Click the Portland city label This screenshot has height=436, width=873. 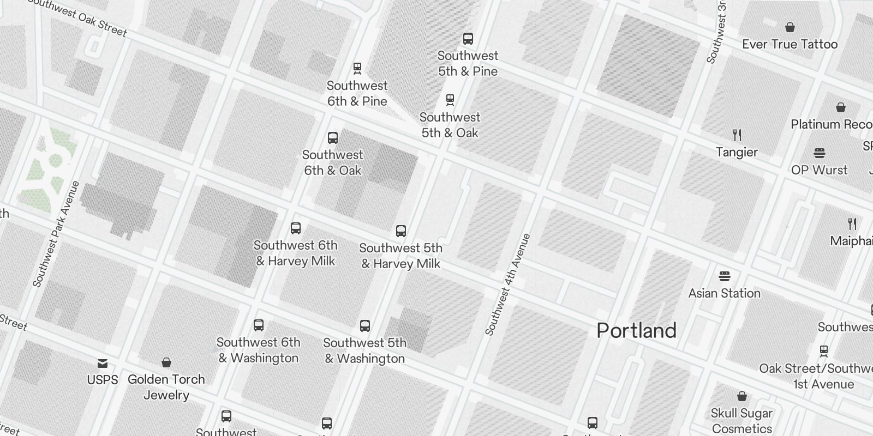(636, 331)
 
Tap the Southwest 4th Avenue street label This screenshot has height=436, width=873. (507, 284)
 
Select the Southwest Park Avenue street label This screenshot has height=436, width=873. (56, 234)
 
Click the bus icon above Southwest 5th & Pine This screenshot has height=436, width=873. (468, 39)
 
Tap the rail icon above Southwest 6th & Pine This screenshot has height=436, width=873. (357, 69)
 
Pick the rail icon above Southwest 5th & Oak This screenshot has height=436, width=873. (450, 100)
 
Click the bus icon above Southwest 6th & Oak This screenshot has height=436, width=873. (332, 138)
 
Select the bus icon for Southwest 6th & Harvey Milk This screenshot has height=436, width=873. (295, 228)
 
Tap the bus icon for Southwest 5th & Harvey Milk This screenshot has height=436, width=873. (400, 231)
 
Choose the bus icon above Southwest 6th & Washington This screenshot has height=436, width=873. (259, 325)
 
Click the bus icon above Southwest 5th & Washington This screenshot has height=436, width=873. (364, 326)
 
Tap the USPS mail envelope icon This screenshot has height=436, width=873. (103, 364)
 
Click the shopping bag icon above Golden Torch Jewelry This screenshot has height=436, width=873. (166, 362)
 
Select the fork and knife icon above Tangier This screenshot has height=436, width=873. (737, 135)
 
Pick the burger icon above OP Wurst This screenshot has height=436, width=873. (819, 153)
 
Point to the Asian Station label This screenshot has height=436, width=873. (724, 293)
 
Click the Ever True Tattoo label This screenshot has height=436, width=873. (790, 44)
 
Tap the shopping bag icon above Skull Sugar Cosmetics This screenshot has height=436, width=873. (742, 396)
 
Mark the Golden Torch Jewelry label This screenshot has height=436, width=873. (166, 387)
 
